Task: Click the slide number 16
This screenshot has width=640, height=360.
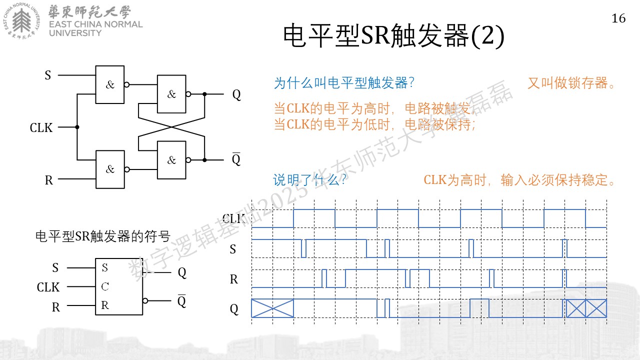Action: point(618,18)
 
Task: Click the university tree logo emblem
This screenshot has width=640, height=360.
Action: point(21,21)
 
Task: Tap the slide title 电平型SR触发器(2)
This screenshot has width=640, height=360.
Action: point(393,35)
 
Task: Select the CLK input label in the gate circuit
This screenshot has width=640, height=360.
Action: point(41,127)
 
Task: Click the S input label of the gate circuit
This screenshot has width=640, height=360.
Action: point(47,75)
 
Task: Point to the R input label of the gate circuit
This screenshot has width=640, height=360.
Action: point(49,180)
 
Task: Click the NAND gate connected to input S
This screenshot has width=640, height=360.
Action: point(110,84)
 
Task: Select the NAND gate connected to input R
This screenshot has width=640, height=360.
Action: point(110,169)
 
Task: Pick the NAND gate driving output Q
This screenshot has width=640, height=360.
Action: point(171,94)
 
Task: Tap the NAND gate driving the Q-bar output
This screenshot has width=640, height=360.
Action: point(171,160)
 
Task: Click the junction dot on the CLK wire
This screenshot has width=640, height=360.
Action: point(77,127)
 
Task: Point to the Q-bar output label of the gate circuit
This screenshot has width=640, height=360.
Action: point(236,159)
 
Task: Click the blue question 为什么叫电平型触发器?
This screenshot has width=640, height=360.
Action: point(344,83)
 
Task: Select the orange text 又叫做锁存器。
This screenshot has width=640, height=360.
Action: point(571,83)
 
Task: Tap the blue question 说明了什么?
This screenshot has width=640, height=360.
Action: point(309,180)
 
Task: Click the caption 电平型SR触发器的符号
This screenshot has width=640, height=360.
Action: point(103,236)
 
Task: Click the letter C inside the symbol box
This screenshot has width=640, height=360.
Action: point(105,286)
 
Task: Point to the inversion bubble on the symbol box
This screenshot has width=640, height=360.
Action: point(145,300)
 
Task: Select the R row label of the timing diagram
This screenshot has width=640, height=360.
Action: point(233,279)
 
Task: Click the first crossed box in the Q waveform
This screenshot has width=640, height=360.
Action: point(272,308)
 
